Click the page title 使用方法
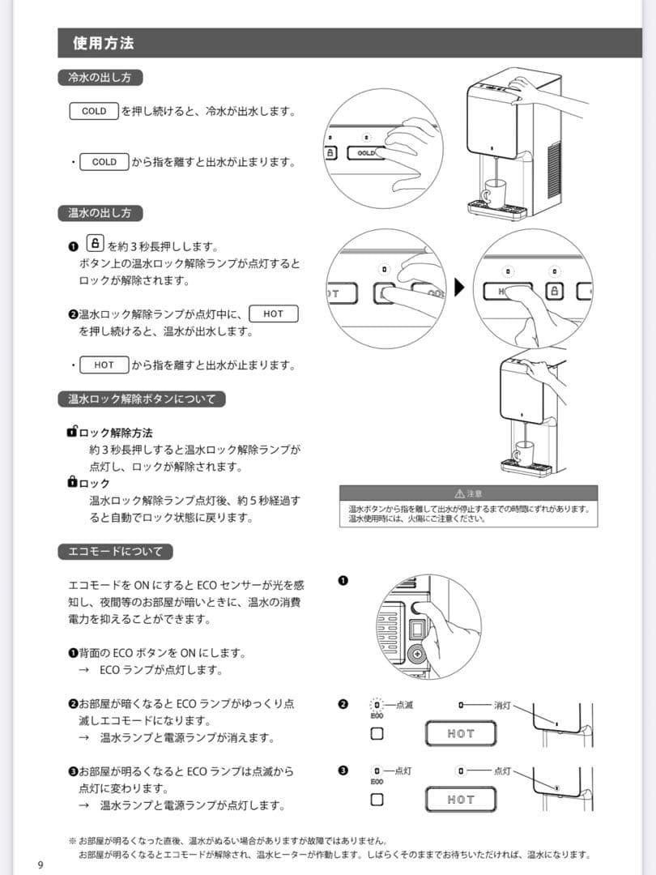[x=103, y=43]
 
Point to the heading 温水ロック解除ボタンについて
[x=142, y=399]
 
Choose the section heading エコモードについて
[x=115, y=552]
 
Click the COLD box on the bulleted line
[x=104, y=162]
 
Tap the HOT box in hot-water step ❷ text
[x=274, y=314]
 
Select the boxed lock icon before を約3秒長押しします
[x=95, y=243]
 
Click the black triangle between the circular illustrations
[x=459, y=288]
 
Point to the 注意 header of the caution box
[x=468, y=493]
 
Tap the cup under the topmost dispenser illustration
[x=493, y=194]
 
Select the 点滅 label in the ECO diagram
[x=404, y=705]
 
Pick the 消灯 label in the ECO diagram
[x=503, y=705]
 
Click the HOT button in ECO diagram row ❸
[x=461, y=800]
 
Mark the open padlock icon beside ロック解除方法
[x=72, y=433]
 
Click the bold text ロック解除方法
[x=116, y=433]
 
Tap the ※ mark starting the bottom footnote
[x=72, y=841]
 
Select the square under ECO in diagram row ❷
[x=377, y=733]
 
